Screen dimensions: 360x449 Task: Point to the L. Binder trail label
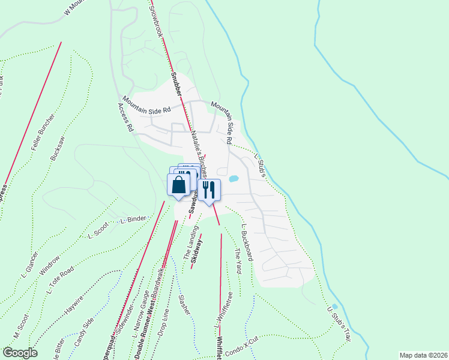coord(133,220)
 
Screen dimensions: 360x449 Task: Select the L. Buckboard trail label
coord(247,242)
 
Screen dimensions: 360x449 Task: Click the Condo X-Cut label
coord(241,344)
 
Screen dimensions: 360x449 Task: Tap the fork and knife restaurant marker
coord(209,191)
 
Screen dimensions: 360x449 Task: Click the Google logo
coord(20,353)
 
